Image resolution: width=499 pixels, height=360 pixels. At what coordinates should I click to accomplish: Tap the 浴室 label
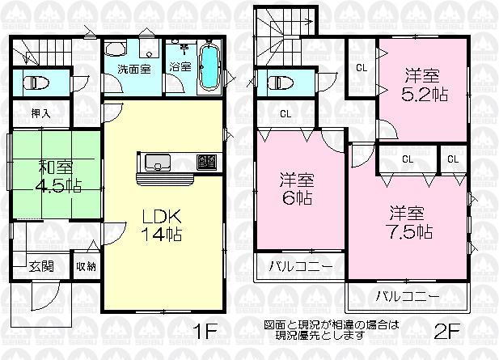click(x=180, y=68)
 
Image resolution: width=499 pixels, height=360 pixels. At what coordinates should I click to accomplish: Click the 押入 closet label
click(x=40, y=114)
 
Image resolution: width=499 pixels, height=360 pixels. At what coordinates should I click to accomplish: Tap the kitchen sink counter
click(x=156, y=163)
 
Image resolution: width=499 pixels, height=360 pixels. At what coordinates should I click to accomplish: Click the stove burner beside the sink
click(x=205, y=163)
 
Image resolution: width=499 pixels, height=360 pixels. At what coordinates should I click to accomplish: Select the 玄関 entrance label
click(x=42, y=266)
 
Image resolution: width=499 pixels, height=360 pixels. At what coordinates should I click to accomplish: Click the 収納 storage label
click(x=86, y=266)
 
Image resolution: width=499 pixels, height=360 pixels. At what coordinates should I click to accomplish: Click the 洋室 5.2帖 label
click(x=422, y=86)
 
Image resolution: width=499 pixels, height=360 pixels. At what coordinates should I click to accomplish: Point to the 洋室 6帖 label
click(x=297, y=189)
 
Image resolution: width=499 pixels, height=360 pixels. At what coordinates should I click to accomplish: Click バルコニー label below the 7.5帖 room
click(x=407, y=294)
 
